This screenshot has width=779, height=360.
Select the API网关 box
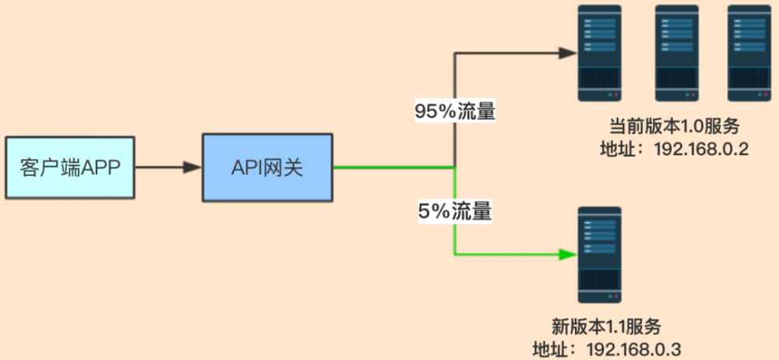[x=267, y=167]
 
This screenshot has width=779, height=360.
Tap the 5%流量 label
[x=456, y=210]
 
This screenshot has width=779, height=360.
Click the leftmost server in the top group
[x=599, y=52]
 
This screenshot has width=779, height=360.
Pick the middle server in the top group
[x=675, y=52]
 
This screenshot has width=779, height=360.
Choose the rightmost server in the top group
[x=749, y=52]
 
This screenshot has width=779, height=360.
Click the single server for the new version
[x=599, y=255]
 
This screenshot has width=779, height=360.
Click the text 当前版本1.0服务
[x=674, y=126]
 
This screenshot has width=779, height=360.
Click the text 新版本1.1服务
[x=600, y=326]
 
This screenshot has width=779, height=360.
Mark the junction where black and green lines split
[x=454, y=167]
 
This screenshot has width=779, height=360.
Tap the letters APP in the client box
[x=101, y=167]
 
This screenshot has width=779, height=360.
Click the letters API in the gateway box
[x=247, y=167]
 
